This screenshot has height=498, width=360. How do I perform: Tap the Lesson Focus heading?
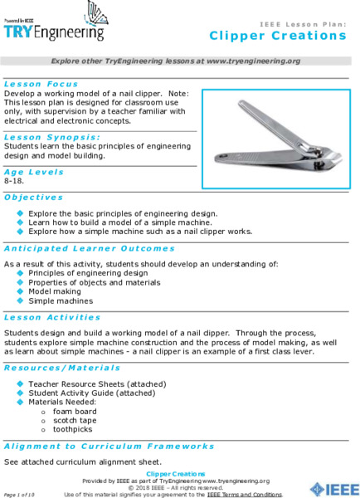click(x=41, y=84)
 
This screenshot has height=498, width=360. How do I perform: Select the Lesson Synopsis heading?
click(x=51, y=136)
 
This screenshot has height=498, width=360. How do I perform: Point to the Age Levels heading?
click(x=34, y=171)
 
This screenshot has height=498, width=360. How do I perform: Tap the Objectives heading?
click(x=33, y=198)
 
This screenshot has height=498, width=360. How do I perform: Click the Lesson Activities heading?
click(x=52, y=317)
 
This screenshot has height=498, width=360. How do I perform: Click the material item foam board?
click(x=75, y=411)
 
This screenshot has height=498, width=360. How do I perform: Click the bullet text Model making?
click(x=55, y=291)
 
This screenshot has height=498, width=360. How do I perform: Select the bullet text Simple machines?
click(x=60, y=301)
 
